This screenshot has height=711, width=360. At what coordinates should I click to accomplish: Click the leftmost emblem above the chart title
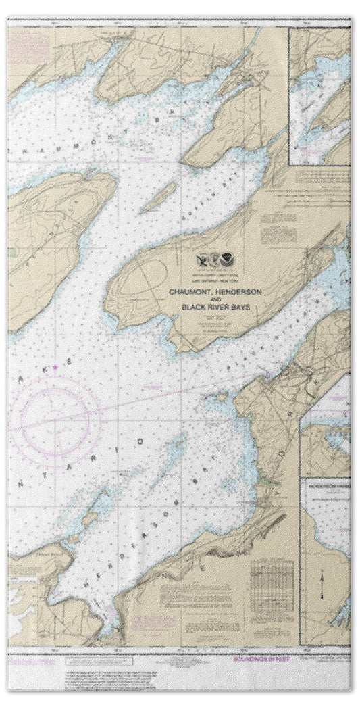(201, 259)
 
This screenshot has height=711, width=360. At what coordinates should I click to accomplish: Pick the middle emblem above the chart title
(216, 259)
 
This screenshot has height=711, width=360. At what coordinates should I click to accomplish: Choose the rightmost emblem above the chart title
(232, 259)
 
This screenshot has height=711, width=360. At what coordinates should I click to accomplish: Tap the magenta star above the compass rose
(55, 366)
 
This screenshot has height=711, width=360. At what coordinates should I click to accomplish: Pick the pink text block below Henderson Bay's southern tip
(152, 621)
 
